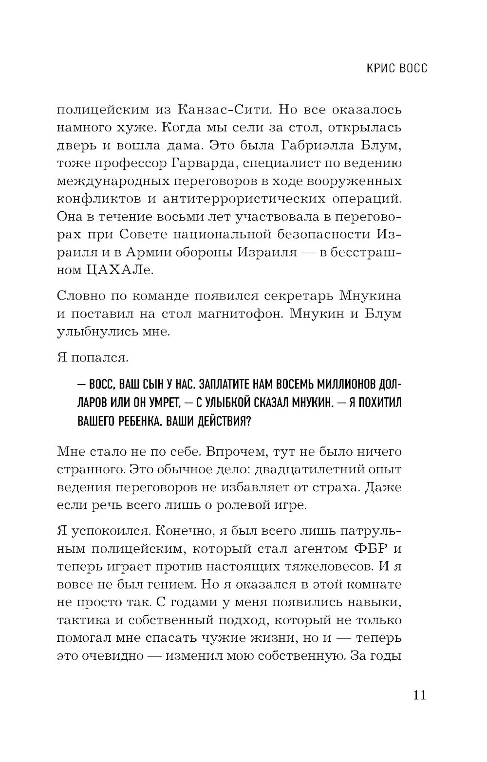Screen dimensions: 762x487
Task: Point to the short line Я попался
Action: click(x=86, y=358)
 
